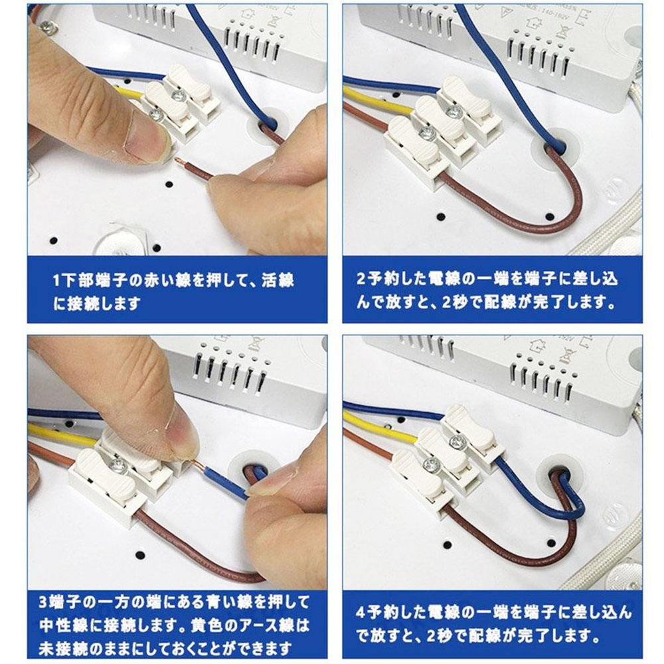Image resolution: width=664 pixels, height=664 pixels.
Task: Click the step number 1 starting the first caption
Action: [57, 280]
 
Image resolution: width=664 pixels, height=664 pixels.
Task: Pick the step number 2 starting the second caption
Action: [361, 280]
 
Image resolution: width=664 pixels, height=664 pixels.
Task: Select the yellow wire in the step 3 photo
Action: [64, 437]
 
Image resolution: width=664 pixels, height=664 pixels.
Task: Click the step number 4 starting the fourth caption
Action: [361, 612]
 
